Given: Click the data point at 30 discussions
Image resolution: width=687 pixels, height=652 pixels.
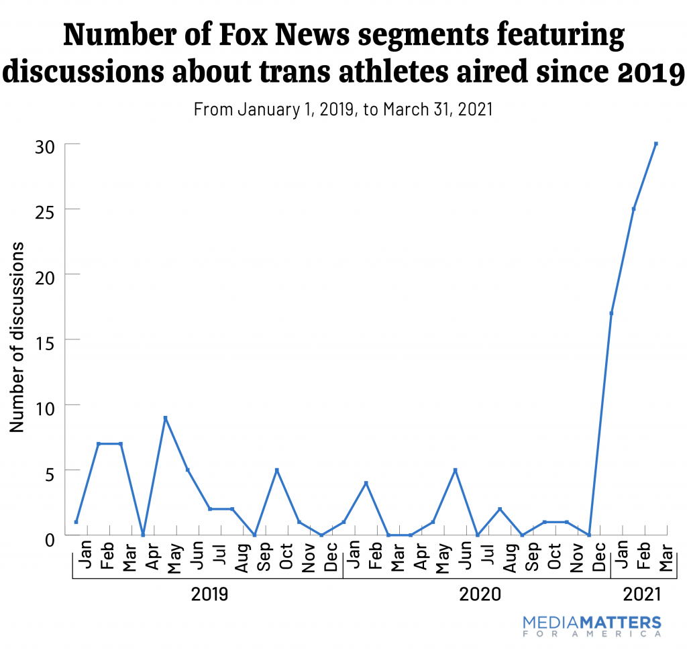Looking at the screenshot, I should click(x=655, y=144).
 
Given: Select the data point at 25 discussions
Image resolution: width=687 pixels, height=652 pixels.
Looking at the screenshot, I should click(x=633, y=209).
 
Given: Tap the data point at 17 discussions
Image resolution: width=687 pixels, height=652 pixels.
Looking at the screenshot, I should click(x=611, y=313).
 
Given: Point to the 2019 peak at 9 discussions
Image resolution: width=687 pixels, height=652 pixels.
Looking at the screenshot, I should click(x=165, y=418).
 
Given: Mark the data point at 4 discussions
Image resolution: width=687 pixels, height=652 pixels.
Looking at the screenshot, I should click(x=366, y=483).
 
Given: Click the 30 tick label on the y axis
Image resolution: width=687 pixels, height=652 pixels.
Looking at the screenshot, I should click(x=44, y=145).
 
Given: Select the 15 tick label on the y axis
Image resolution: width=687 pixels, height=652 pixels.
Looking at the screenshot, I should click(x=44, y=340).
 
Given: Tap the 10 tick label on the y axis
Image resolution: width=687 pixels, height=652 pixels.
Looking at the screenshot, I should click(x=44, y=405).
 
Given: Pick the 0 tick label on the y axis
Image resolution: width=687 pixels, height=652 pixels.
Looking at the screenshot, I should click(x=50, y=536).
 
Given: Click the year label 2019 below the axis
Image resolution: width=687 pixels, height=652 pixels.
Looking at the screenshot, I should click(x=209, y=594).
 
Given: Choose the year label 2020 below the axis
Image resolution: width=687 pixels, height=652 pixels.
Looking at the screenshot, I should click(x=478, y=594).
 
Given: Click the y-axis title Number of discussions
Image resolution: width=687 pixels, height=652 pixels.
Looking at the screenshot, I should click(x=17, y=337).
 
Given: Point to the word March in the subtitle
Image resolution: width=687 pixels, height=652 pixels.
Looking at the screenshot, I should click(x=404, y=109).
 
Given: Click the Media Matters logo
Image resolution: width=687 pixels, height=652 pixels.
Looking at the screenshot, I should click(x=592, y=626).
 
